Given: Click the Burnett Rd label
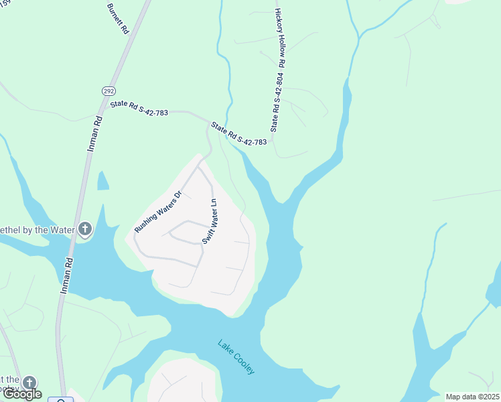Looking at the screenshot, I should coord(117,18).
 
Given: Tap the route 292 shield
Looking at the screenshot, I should coord(108,90).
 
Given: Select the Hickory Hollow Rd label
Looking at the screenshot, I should coord(281,38).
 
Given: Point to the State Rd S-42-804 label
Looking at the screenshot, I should coord(275,102).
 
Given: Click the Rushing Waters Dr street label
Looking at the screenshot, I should coord(158,212).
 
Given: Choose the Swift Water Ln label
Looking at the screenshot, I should coord(208,221).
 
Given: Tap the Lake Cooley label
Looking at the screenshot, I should coord(236,357).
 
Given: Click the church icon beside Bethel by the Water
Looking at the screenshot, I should coord(84,230).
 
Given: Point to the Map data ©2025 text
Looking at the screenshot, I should coord(472,397).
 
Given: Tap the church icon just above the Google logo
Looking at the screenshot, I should coord(29,383).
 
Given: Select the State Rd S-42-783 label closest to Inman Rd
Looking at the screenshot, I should coord(139,107).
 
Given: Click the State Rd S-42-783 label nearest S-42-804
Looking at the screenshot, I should coord(239,133).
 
